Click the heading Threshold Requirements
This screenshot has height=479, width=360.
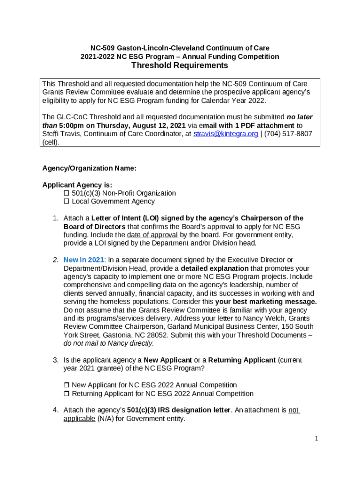180,66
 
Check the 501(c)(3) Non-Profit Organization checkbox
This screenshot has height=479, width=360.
66,193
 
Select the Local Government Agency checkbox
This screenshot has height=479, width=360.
66,202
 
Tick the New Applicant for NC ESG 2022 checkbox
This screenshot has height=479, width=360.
66,385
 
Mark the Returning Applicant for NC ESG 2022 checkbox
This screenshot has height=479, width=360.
66,394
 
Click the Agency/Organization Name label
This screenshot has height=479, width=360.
89,168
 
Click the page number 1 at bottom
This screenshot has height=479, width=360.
317,438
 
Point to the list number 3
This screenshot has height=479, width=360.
55,360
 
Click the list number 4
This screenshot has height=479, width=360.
55,410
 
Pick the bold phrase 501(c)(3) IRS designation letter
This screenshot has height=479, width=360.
179,410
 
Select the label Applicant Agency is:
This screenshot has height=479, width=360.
77,185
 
